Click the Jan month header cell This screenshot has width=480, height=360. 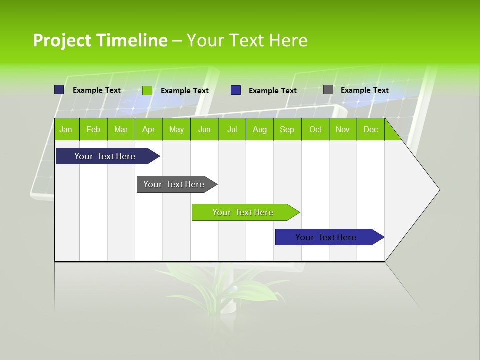(66, 130)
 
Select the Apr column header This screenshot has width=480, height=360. (148, 130)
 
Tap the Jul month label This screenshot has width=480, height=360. (232, 130)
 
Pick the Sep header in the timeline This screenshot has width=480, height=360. (287, 130)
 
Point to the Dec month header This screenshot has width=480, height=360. (370, 130)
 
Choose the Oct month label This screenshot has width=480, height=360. (315, 130)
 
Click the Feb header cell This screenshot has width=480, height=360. (93, 130)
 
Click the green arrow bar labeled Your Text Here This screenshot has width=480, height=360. (243, 212)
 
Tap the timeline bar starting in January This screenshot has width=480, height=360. (105, 156)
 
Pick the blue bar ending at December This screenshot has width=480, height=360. (326, 237)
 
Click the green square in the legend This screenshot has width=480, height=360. (147, 90)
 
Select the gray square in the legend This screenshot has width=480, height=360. (328, 90)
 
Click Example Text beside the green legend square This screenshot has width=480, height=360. (184, 91)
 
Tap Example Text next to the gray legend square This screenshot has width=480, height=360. (364, 90)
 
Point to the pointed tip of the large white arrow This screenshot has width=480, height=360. (439, 190)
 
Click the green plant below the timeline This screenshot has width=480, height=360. (220, 290)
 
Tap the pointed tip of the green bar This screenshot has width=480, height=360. (298, 212)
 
